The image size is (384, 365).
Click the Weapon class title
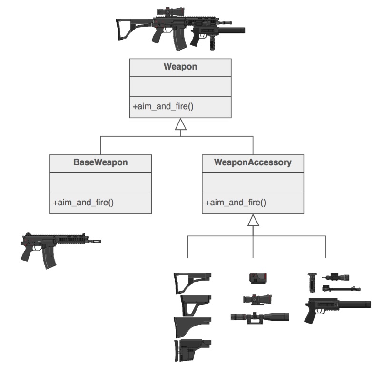(x=180, y=67)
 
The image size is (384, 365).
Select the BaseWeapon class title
(x=100, y=162)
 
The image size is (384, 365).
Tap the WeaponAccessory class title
(x=253, y=162)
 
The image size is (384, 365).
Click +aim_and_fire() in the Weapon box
(x=163, y=107)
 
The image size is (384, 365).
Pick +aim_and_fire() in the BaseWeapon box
(x=83, y=203)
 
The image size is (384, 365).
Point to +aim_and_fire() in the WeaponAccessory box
(x=236, y=203)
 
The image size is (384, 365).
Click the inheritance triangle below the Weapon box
(x=180, y=125)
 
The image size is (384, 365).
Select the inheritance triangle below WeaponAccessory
(x=253, y=220)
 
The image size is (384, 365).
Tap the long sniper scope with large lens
(x=259, y=316)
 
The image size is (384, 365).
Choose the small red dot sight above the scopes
(x=258, y=277)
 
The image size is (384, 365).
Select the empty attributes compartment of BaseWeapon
(x=100, y=183)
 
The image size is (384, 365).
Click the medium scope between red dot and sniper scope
(x=257, y=299)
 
